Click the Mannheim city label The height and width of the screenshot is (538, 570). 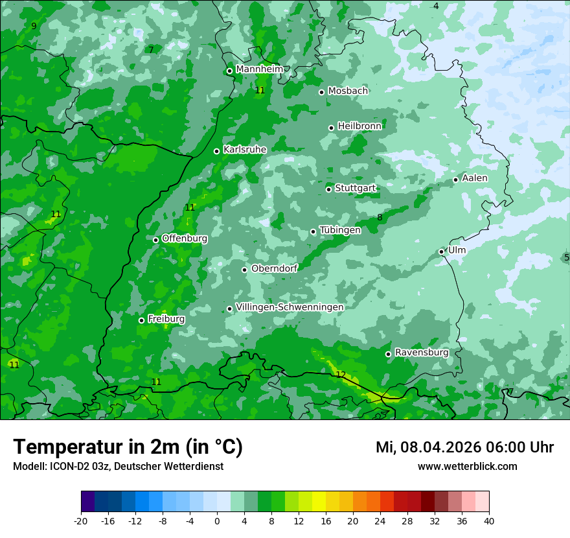tap(259, 69)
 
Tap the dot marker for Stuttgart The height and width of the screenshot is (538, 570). tap(329, 189)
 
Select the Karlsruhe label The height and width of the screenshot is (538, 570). tap(245, 150)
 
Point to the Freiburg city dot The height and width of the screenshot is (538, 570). tap(141, 320)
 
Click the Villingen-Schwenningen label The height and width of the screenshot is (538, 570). tap(290, 307)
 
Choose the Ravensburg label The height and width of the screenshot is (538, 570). tap(421, 353)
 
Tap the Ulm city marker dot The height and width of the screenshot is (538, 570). tap(442, 251)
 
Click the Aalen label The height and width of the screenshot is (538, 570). tap(475, 178)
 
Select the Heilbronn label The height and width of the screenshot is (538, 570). tap(359, 126)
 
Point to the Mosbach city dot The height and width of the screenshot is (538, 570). tap(321, 92)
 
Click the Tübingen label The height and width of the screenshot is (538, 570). tap(340, 230)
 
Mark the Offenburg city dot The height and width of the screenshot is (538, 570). tap(155, 240)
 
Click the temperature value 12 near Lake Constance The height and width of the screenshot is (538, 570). tap(341, 375)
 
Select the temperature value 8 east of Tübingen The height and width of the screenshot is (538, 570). tap(380, 217)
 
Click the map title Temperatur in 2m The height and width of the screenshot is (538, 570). tap(128, 447)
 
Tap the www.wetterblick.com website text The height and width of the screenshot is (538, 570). tap(467, 467)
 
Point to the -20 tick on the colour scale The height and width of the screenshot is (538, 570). tap(81, 521)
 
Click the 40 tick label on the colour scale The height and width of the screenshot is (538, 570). tap(488, 521)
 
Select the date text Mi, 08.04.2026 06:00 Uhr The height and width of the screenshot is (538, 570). tap(464, 447)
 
